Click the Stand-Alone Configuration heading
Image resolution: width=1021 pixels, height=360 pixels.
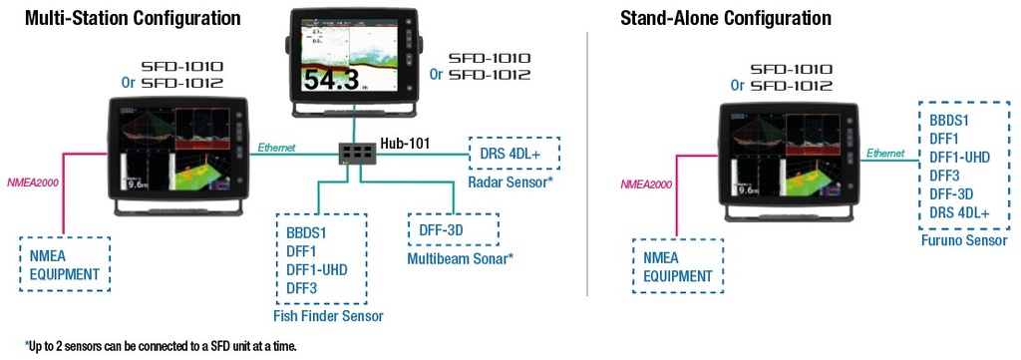coord(725,18)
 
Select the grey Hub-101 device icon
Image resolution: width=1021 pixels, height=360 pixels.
coord(356,153)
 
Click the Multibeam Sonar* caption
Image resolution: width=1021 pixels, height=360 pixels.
coord(462,259)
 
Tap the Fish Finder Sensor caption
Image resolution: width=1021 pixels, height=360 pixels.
coord(328,316)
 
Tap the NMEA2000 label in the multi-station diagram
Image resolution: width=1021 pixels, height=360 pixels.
coord(34,183)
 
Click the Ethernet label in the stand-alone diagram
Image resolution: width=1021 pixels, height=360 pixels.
coord(885,154)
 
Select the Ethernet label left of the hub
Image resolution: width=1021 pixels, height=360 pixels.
coord(277,147)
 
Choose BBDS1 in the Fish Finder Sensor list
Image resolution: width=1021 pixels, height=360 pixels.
coord(306,232)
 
